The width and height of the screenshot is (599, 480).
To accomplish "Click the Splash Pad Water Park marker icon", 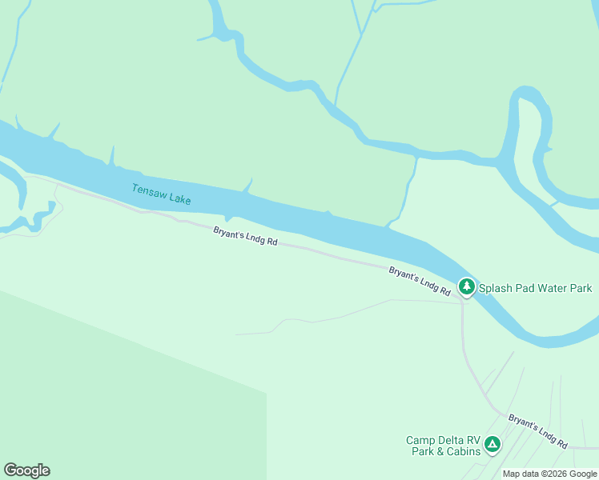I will click(x=466, y=286).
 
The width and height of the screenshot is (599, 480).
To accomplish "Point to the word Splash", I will click(x=496, y=288).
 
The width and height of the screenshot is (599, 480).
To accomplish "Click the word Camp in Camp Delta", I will click(x=420, y=440).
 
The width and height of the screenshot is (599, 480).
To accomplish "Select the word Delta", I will click(x=451, y=440).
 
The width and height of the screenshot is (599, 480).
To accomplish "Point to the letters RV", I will click(x=473, y=440).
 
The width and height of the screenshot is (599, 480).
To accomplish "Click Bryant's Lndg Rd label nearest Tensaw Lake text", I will click(x=245, y=236).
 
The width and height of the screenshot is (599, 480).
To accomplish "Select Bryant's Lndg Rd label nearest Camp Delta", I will click(x=538, y=431).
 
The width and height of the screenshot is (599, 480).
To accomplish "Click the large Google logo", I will click(x=26, y=470).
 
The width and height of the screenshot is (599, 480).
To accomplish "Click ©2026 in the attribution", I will click(x=555, y=474).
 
